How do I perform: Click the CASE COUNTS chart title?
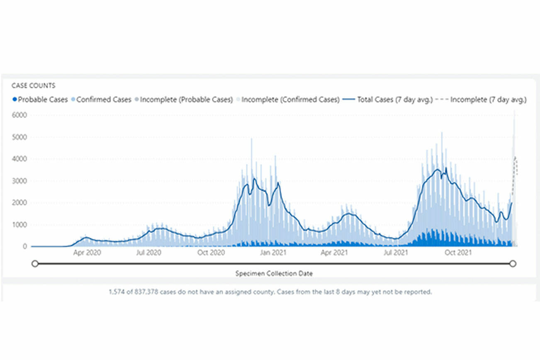[33, 86]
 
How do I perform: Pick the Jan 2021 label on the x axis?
[272, 252]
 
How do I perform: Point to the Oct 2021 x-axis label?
[458, 252]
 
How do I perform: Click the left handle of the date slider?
[35, 263]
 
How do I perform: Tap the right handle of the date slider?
[513, 263]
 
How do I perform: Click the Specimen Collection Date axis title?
[274, 274]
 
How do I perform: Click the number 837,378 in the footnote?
[131, 292]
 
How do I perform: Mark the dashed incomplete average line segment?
[515, 170]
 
